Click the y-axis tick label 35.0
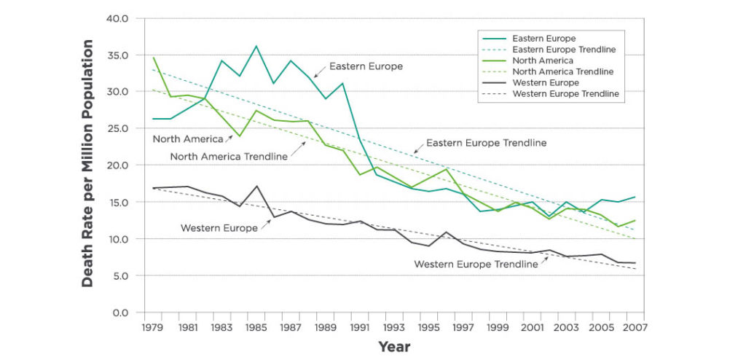pyautogui.click(x=118, y=55)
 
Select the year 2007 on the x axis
pyautogui.click(x=635, y=327)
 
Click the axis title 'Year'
pyautogui.click(x=394, y=347)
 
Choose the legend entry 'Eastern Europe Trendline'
pyautogui.click(x=565, y=49)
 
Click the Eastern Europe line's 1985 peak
pyautogui.click(x=256, y=46)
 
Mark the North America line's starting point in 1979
pyautogui.click(x=153, y=58)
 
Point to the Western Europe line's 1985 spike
pyautogui.click(x=256, y=186)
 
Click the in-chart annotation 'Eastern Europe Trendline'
pyautogui.click(x=486, y=143)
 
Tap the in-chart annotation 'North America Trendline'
pyautogui.click(x=229, y=156)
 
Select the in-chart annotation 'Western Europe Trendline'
pyautogui.click(x=476, y=264)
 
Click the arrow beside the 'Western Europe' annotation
pyautogui.click(x=265, y=224)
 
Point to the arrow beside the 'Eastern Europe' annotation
pyautogui.click(x=320, y=71)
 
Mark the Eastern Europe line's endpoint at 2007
pyautogui.click(x=635, y=197)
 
